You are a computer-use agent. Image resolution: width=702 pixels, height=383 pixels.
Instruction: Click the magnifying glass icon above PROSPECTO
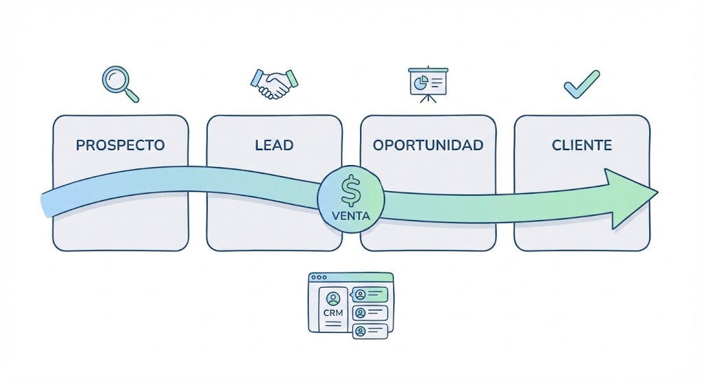118,82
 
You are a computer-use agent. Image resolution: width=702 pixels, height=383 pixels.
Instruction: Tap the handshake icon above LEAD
274,84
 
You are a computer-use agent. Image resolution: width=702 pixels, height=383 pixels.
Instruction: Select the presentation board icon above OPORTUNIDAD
428,84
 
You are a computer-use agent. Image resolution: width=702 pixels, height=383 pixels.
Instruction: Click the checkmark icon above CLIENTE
581,84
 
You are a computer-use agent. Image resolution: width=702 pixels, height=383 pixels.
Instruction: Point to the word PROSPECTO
120,145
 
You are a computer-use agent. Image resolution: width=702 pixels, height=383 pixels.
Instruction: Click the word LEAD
274,145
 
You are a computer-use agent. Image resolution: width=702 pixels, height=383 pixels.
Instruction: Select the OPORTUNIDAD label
428,145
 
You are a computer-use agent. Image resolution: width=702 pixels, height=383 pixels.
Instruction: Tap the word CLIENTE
581,145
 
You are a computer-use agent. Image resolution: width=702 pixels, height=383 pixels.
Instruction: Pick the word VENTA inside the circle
350,216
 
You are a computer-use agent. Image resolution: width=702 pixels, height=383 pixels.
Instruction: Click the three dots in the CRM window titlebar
319,277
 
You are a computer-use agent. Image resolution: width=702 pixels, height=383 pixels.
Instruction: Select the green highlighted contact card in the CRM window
370,295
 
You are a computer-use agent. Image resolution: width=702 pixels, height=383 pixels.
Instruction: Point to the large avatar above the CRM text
333,298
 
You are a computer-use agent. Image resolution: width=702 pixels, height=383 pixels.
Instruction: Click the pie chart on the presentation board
419,83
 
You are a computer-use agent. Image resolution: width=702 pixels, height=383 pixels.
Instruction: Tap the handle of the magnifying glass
132,95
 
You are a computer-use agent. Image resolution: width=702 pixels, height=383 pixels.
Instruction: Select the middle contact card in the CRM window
370,313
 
